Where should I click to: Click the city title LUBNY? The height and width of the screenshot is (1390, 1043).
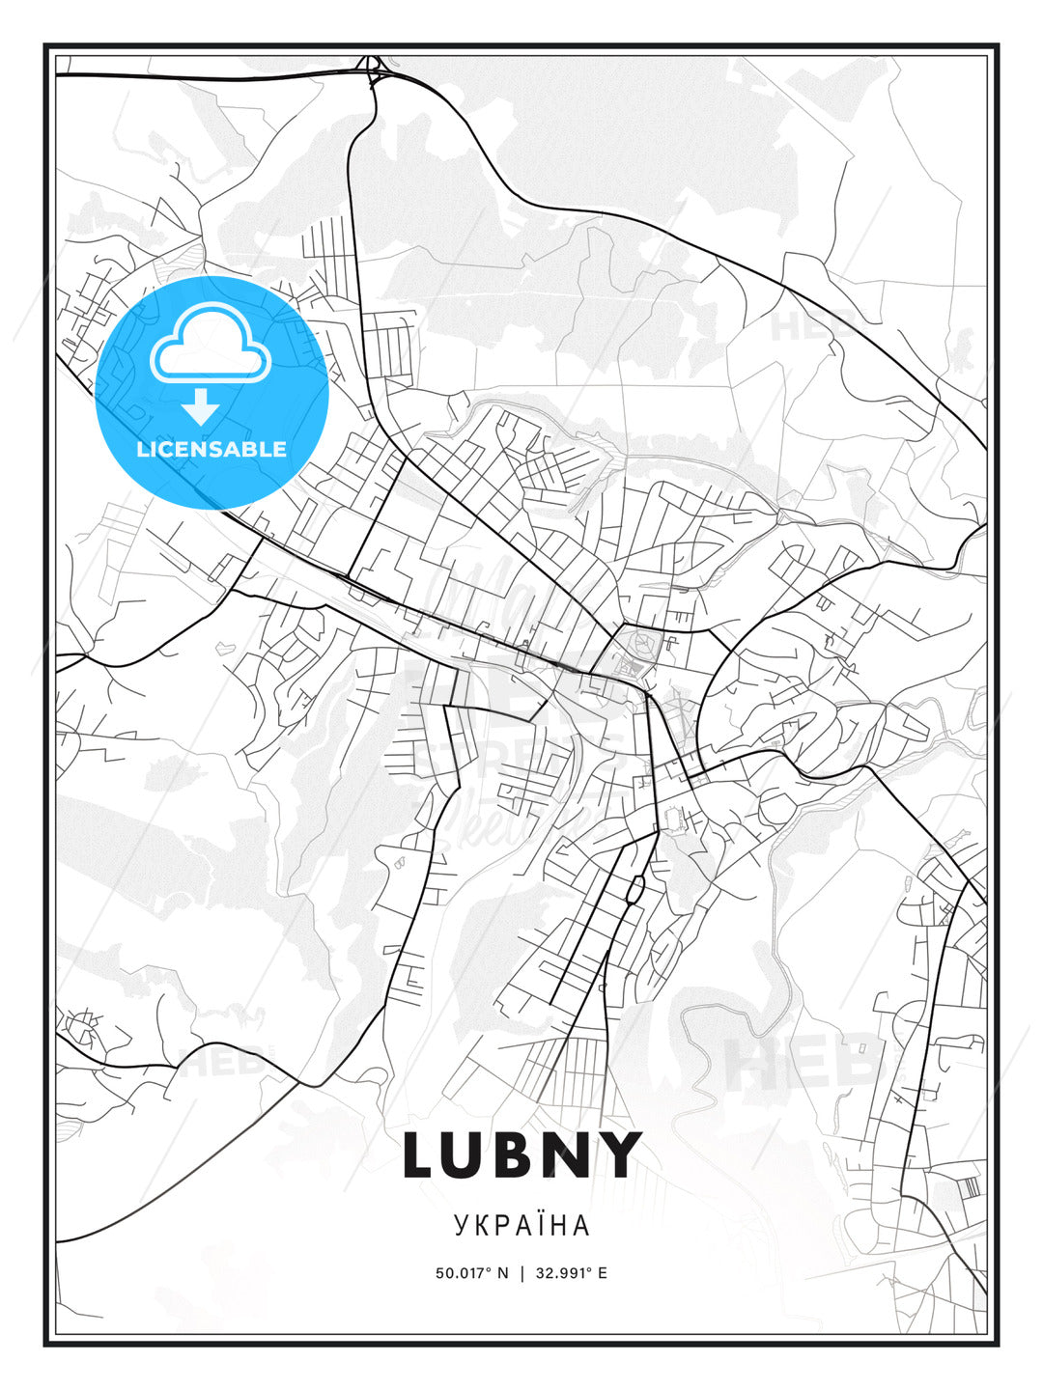[521, 1154]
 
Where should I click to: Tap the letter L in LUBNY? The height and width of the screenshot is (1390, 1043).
[421, 1154]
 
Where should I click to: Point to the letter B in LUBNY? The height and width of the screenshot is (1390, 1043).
[521, 1154]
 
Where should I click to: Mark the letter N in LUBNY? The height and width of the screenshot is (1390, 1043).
[573, 1154]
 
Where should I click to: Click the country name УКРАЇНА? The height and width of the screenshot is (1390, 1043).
[521, 1225]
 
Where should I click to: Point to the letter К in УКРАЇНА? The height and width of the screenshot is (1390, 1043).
[481, 1225]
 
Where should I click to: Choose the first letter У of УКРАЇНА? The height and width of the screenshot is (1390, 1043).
[460, 1225]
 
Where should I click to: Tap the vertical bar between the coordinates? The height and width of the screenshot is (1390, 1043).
[522, 1273]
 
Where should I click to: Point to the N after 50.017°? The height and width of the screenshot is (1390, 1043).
[502, 1273]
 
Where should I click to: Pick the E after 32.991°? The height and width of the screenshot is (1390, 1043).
[603, 1273]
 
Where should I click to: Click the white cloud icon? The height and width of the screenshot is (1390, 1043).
[210, 345]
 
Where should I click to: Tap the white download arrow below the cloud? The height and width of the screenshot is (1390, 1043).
[202, 408]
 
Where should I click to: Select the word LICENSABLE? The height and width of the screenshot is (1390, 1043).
[211, 449]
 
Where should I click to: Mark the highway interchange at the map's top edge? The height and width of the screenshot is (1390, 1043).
[372, 69]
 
